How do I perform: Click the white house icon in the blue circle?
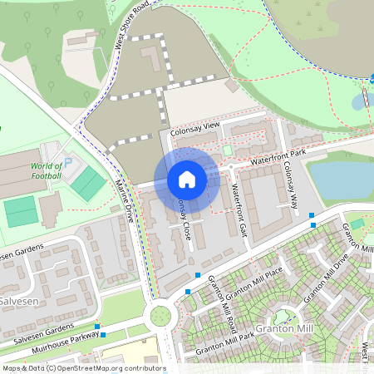[187, 180]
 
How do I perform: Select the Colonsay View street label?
[194, 125]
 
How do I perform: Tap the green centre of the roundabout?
[157, 315]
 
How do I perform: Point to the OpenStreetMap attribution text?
[83, 368]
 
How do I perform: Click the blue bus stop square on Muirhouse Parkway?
[103, 335]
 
